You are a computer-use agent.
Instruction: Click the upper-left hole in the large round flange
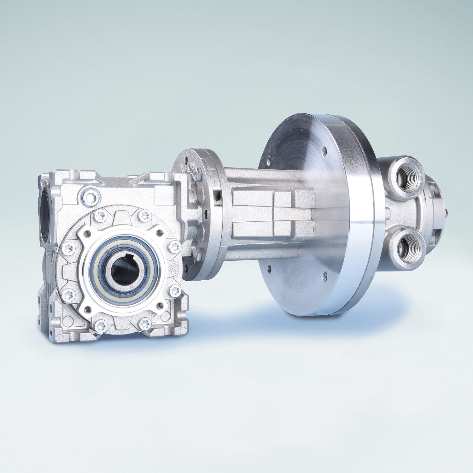[270, 161]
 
